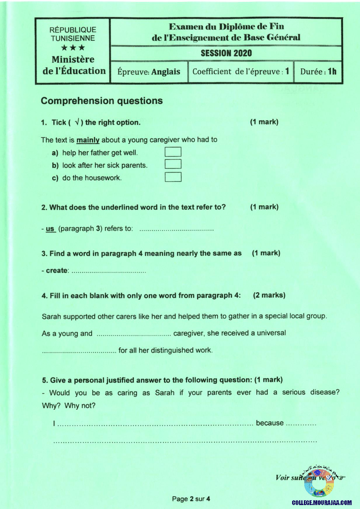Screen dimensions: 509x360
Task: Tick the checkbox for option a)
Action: tap(173, 152)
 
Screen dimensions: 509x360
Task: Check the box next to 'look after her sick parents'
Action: tap(173, 164)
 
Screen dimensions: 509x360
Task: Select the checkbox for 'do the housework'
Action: tap(173, 177)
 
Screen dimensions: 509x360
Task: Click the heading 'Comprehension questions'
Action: tap(101, 101)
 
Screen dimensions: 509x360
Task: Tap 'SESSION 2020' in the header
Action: tap(226, 53)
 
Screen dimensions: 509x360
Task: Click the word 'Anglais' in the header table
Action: tap(165, 72)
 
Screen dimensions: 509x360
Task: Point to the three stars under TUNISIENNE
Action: tap(72, 48)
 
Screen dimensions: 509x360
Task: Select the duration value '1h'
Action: tap(332, 71)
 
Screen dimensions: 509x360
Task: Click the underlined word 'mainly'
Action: tap(88, 140)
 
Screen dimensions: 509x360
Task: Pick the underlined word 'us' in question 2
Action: tap(50, 229)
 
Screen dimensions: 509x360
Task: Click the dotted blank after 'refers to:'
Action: tap(176, 229)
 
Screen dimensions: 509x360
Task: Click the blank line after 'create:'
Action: tap(108, 271)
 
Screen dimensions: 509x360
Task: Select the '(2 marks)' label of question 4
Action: tap(269, 295)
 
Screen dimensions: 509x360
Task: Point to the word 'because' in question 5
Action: tap(269, 423)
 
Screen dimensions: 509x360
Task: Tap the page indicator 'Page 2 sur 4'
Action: tap(191, 499)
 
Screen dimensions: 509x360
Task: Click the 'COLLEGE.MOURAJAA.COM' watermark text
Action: tap(321, 502)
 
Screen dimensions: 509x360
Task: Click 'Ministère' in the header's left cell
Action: tap(73, 59)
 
